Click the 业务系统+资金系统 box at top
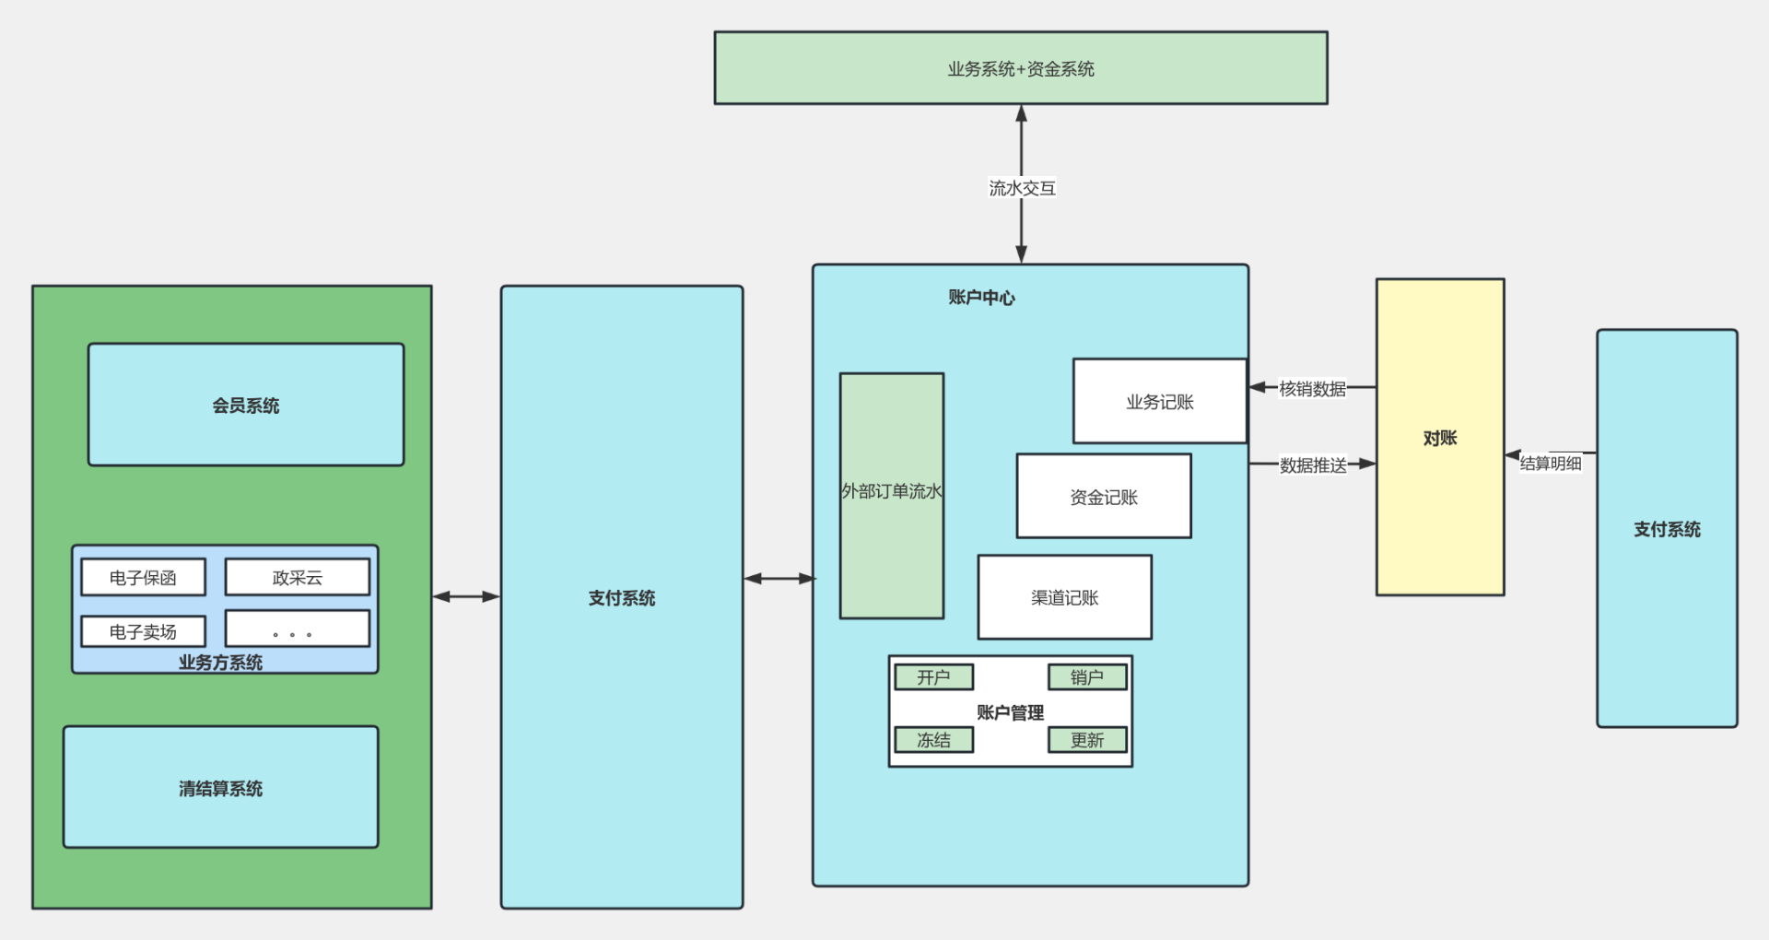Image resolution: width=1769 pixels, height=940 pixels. (x=1021, y=68)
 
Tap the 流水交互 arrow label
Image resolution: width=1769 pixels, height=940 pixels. (x=1022, y=188)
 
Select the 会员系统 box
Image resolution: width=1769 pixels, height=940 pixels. (x=246, y=405)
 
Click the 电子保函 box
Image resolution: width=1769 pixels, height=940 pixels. (x=143, y=578)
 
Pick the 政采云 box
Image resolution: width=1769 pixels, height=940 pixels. (x=297, y=578)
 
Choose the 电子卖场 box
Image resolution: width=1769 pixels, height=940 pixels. (x=143, y=632)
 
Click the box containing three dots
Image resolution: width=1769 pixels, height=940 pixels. (x=297, y=629)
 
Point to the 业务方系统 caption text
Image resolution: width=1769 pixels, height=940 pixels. (x=220, y=663)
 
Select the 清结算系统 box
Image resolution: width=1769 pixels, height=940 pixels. (x=220, y=788)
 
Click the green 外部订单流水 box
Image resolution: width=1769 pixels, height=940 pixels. (x=891, y=496)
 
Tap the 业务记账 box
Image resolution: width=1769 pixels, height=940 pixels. (x=1159, y=402)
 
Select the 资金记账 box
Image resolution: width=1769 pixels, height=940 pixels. (x=1104, y=497)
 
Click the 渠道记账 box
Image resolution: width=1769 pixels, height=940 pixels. (x=1064, y=597)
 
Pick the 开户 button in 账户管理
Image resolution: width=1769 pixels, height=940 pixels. (x=933, y=677)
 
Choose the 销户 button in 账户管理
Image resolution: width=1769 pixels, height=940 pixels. (x=1087, y=677)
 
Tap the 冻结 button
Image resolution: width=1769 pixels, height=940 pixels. (x=933, y=740)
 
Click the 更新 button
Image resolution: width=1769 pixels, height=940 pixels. (x=1087, y=740)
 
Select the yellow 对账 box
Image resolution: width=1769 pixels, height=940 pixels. (x=1440, y=438)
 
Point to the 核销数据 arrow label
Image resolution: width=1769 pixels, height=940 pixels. (x=1312, y=389)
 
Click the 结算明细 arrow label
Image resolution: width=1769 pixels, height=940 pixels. (x=1551, y=464)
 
